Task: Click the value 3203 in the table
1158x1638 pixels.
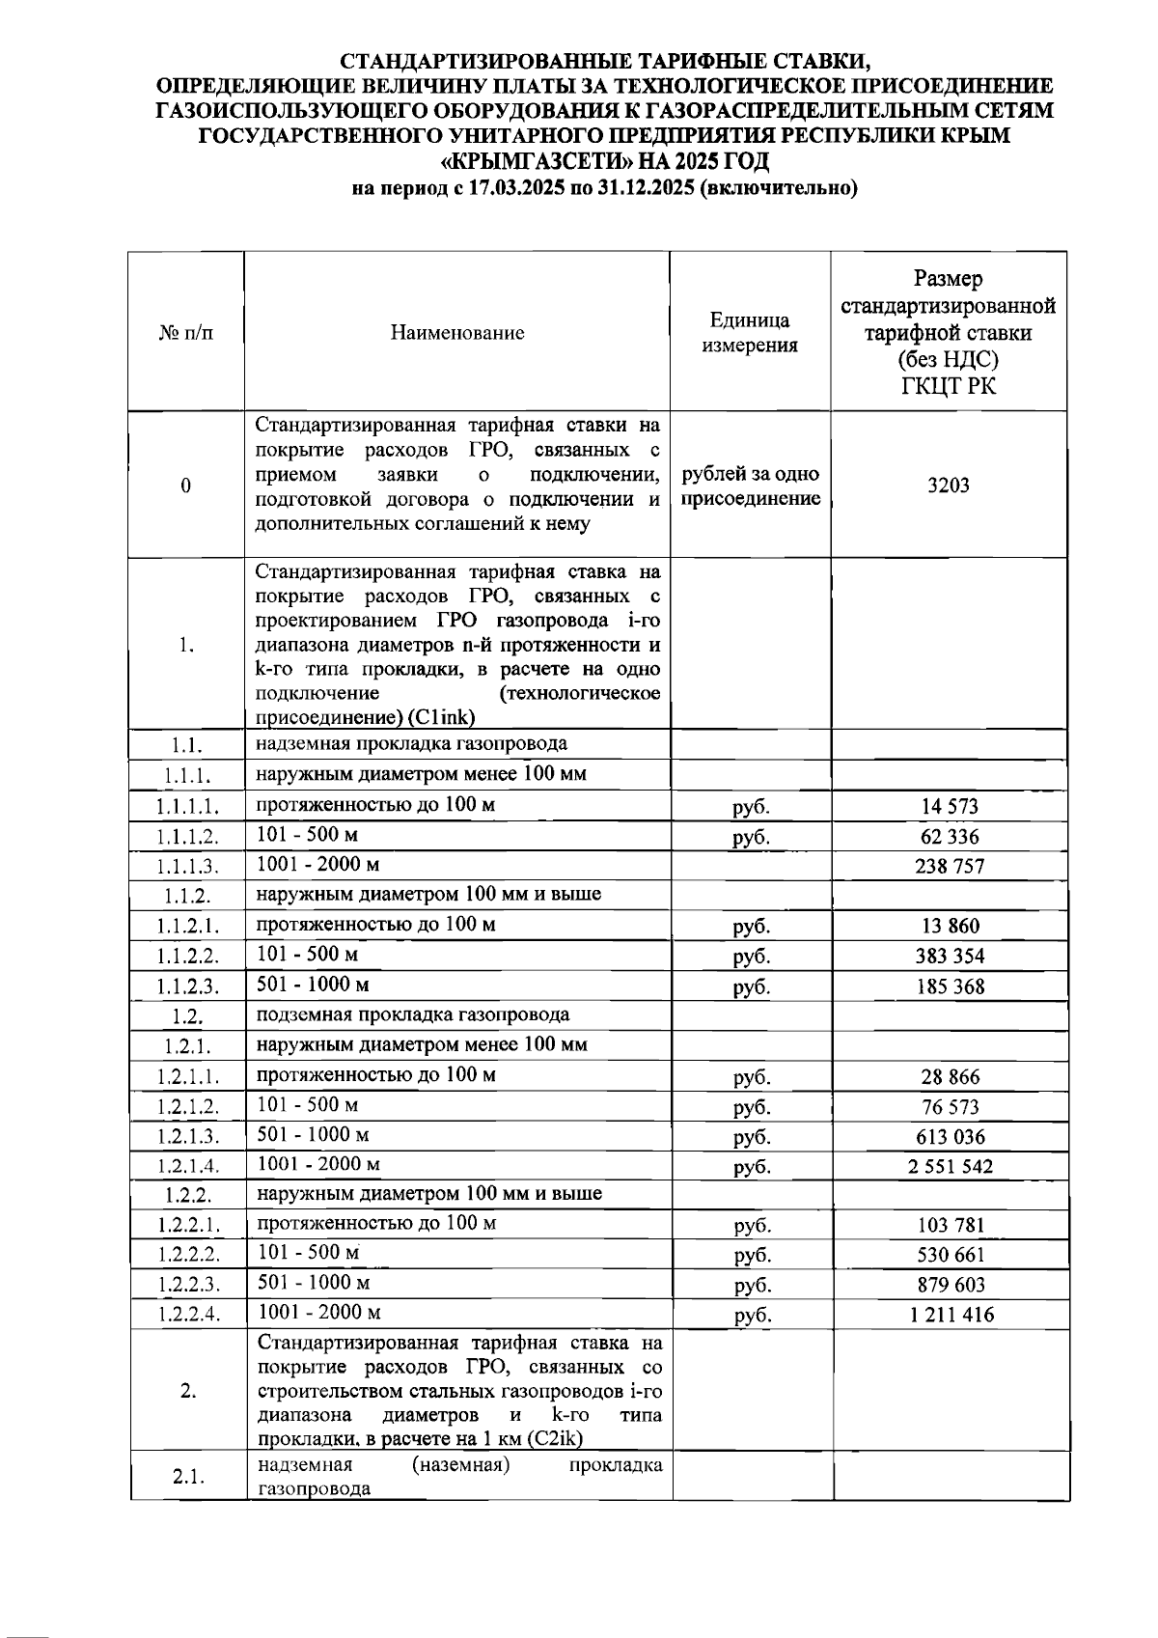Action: (948, 486)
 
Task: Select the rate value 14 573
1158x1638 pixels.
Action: (950, 807)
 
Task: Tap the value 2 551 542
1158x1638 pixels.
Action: (950, 1166)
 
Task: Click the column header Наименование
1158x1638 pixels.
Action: (457, 333)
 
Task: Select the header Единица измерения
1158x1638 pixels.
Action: (750, 333)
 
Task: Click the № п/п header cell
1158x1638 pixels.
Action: (185, 333)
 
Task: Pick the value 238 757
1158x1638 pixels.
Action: (950, 867)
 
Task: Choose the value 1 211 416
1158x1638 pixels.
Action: (950, 1315)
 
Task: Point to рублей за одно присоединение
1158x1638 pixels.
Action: (750, 486)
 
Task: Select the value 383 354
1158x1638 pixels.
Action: (950, 957)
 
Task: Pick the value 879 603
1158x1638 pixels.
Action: (950, 1285)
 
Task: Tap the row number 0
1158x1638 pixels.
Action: (185, 486)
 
